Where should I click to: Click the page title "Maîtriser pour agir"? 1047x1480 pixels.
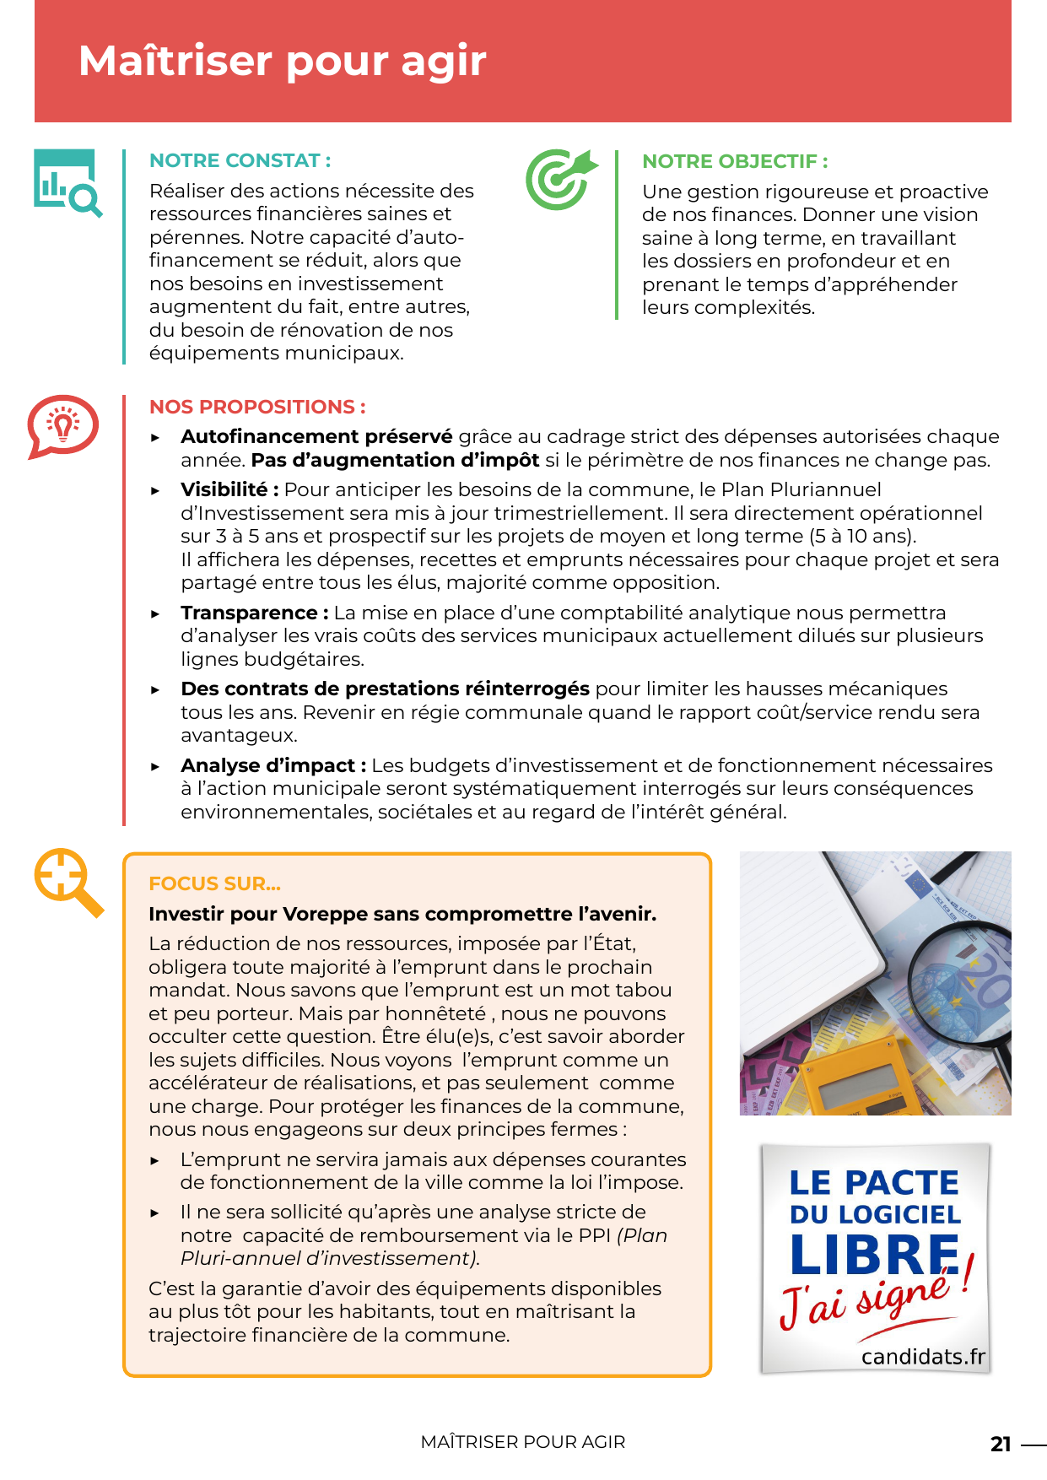(x=282, y=61)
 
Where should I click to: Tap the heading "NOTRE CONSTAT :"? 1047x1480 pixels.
(x=240, y=160)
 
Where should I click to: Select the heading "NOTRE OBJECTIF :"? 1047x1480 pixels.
(x=735, y=161)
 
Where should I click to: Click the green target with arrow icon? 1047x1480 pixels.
(x=560, y=179)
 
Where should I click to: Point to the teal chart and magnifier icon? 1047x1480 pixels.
(x=67, y=182)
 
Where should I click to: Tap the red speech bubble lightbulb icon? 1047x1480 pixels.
(x=62, y=425)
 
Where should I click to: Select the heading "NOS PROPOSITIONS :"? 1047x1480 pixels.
(x=257, y=407)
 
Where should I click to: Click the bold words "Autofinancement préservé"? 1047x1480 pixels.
(x=316, y=436)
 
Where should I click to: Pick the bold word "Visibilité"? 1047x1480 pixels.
(x=224, y=489)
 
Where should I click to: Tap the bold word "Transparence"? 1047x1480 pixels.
(x=249, y=613)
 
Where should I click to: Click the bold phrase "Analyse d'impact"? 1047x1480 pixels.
(x=267, y=765)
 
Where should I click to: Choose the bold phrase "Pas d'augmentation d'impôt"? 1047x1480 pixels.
(x=395, y=460)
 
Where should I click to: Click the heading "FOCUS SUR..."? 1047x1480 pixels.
(x=214, y=883)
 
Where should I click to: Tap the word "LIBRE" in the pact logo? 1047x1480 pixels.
(x=874, y=1255)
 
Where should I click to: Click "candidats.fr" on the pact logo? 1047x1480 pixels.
(x=923, y=1357)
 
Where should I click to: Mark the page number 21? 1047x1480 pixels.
(x=1000, y=1444)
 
